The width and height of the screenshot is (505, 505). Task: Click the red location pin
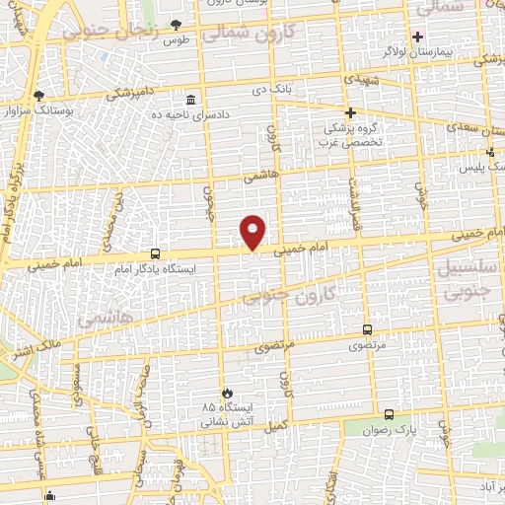coord(253,231)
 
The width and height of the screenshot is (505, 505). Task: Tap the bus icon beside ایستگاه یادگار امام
coord(155,253)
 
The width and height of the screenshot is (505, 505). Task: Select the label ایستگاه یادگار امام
coord(156,268)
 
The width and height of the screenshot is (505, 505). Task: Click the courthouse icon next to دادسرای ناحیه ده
coord(190,100)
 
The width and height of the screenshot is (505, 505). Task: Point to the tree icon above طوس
coord(177,25)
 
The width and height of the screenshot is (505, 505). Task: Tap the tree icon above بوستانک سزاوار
coord(38,96)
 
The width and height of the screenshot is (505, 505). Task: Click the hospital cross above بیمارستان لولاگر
coord(418,36)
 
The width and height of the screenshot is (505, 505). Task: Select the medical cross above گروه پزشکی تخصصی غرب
coord(350,112)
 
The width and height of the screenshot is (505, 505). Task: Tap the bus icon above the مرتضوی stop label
coord(368,330)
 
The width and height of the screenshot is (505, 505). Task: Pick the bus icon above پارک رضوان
coord(389,415)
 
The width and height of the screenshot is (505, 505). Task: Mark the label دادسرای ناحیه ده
coord(238,114)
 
